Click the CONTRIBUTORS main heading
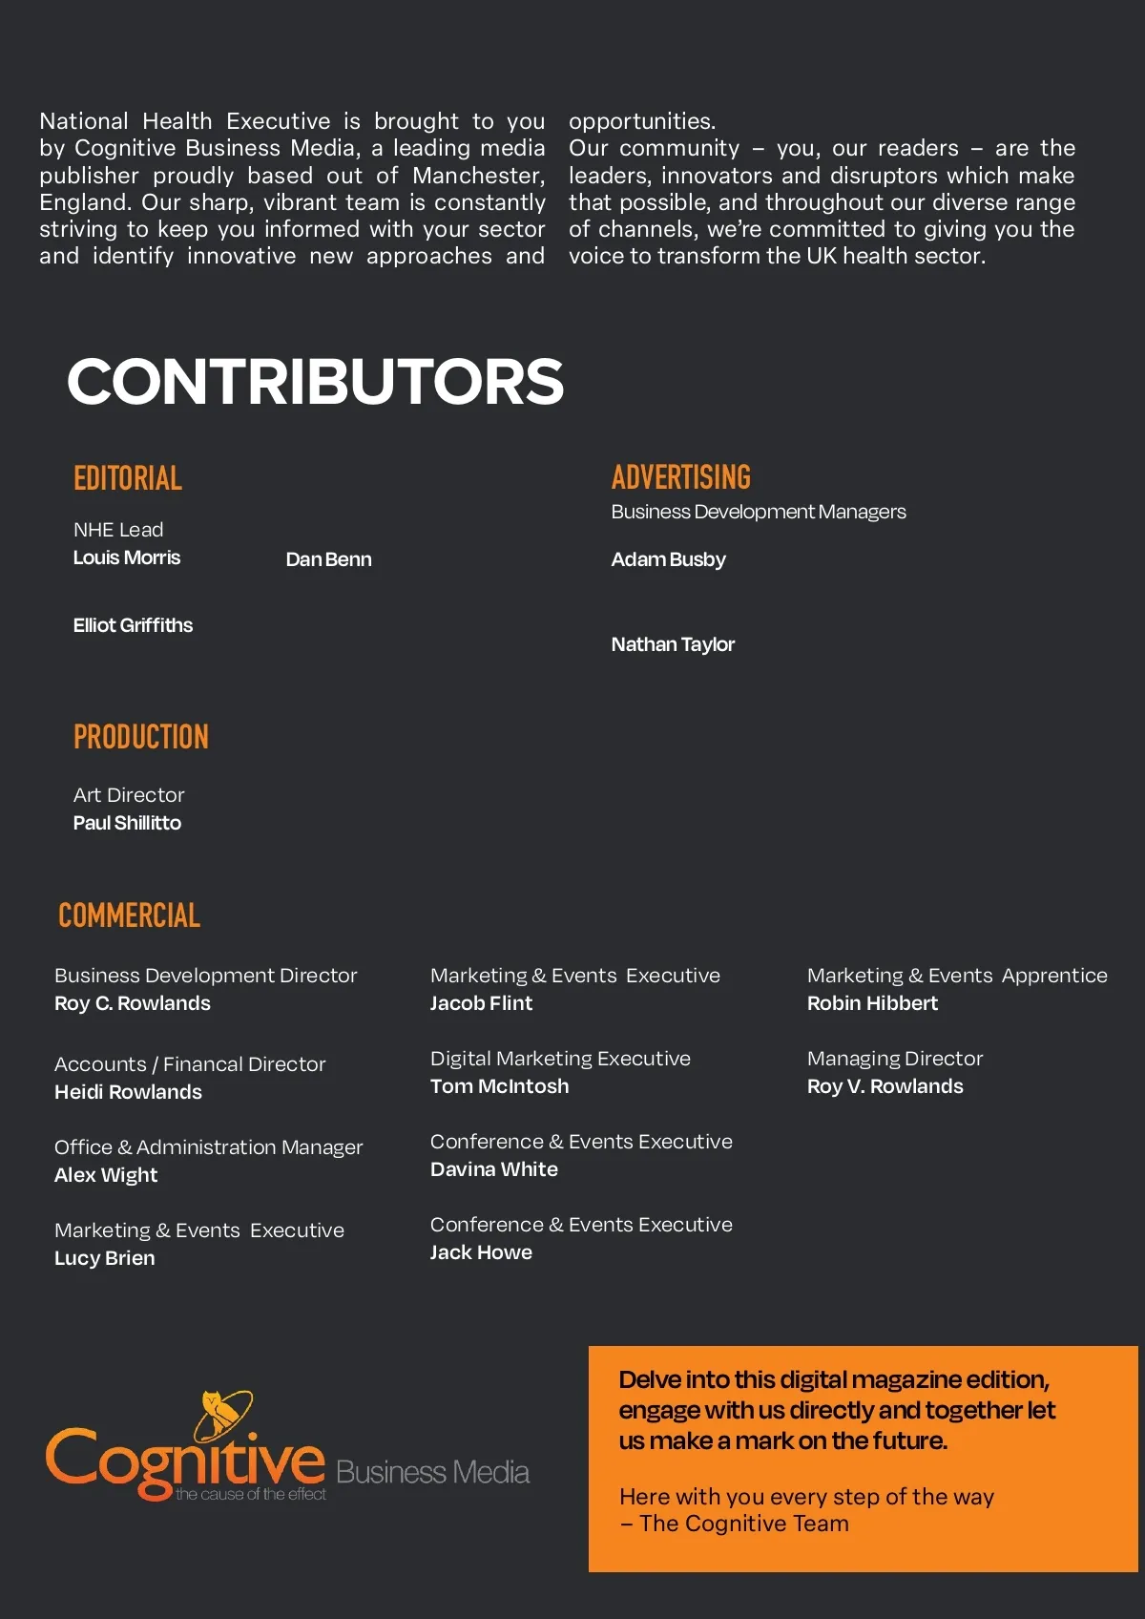[315, 381]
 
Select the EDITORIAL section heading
[128, 478]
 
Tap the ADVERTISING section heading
[681, 477]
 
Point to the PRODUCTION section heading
[141, 737]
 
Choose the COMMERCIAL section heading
[130, 916]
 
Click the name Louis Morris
[127, 557]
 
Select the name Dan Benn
[328, 559]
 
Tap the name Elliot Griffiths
[133, 625]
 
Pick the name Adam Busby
[668, 559]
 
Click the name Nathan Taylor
[673, 644]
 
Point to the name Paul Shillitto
[127, 823]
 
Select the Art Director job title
[129, 795]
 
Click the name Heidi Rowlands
[128, 1092]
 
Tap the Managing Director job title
[894, 1059]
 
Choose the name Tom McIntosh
[499, 1086]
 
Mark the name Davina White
[493, 1169]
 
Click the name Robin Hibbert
[872, 1003]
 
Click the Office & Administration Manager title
[208, 1147]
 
